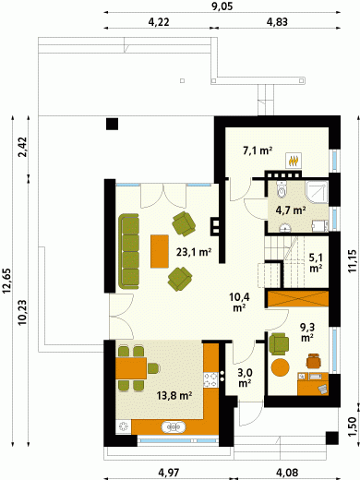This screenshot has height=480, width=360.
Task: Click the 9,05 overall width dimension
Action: click(x=222, y=6)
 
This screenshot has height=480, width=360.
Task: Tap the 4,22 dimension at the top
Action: click(x=159, y=22)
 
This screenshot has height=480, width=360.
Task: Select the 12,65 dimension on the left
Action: click(x=6, y=281)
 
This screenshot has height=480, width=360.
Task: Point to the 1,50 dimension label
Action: click(x=352, y=426)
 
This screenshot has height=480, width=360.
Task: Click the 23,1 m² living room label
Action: click(x=194, y=252)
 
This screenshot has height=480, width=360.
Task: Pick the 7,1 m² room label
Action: click(x=258, y=150)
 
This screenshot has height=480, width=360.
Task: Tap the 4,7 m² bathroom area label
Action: click(x=291, y=210)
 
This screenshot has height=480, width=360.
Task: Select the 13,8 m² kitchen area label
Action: click(x=174, y=395)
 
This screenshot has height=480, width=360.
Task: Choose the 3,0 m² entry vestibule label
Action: click(x=246, y=378)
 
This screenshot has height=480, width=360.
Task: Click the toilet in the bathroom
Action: click(x=282, y=188)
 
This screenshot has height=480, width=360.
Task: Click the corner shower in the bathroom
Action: click(x=317, y=191)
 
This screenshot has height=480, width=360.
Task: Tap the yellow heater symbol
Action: click(x=294, y=161)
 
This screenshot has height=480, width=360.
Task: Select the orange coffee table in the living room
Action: click(x=160, y=251)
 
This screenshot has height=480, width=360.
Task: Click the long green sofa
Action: click(x=128, y=251)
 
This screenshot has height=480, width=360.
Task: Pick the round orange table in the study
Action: click(x=281, y=366)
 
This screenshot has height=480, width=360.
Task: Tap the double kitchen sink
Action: click(x=174, y=427)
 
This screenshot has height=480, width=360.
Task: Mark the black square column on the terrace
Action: click(x=112, y=124)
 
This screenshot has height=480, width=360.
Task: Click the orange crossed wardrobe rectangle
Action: click(x=298, y=298)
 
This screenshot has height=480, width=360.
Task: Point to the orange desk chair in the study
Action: click(x=314, y=360)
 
